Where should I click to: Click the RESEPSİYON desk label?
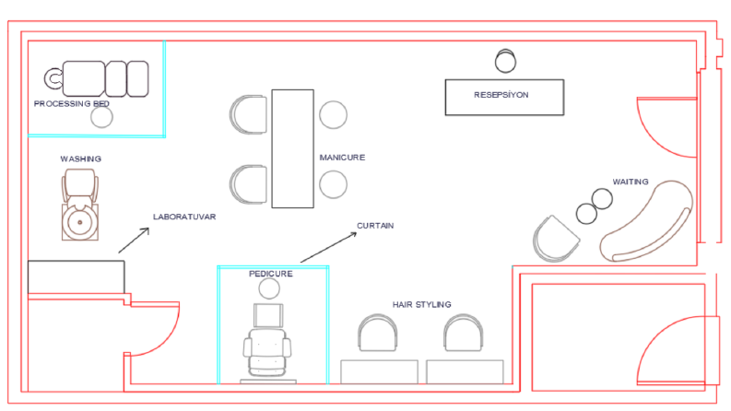501,95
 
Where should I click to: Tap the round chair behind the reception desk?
505,61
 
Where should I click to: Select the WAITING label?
631,182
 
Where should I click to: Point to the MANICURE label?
342,158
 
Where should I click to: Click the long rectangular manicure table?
293,148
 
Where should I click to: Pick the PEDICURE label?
271,274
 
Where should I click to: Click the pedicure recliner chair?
267,352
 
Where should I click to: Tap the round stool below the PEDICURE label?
269,288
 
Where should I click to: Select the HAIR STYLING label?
422,305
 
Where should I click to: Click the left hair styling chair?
378,333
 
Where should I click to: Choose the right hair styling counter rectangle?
465,372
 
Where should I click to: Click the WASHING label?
80,159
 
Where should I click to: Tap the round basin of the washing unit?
79,223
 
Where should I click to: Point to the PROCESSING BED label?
72,103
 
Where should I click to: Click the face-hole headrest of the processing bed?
53,78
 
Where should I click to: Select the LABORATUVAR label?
184,217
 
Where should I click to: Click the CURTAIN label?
375,226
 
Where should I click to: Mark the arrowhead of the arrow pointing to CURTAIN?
355,233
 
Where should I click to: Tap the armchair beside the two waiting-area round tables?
555,239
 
